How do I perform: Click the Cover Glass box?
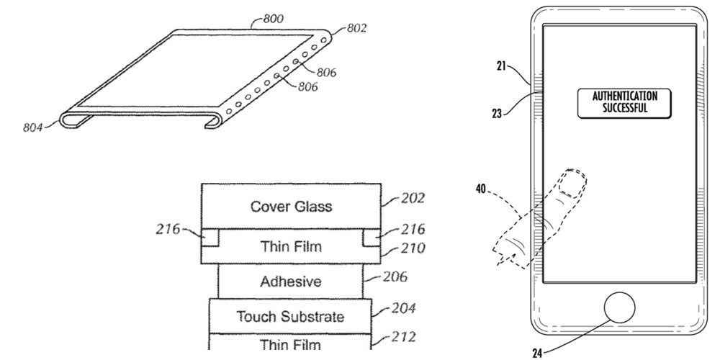click(292, 207)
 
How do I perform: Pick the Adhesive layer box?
click(291, 282)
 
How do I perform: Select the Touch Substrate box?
click(292, 315)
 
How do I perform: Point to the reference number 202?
click(414, 197)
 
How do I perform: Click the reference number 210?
click(413, 248)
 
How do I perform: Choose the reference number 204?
click(404, 308)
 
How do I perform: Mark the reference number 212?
click(404, 336)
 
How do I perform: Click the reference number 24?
click(536, 353)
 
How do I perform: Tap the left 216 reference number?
click(168, 230)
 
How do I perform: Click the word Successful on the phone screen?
click(625, 109)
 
